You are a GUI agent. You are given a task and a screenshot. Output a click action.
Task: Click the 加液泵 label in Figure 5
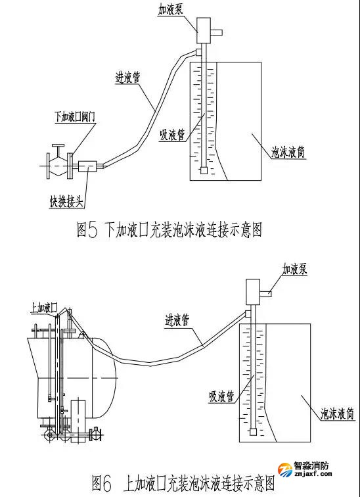click(171, 10)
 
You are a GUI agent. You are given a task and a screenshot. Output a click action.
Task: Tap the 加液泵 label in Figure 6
click(294, 270)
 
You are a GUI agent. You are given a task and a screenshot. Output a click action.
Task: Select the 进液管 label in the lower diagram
click(177, 320)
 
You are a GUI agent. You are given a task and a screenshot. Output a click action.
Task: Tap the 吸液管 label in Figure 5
click(172, 135)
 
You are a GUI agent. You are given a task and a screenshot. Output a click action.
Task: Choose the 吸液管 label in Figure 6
click(221, 396)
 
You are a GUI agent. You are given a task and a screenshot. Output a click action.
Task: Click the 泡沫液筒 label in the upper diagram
click(288, 153)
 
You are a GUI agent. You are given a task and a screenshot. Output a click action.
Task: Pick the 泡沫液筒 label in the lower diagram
click(337, 414)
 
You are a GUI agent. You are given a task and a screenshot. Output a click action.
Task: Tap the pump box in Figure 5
click(204, 30)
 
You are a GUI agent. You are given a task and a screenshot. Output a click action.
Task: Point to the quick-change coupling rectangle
click(87, 166)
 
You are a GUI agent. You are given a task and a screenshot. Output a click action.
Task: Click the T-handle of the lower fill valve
click(59, 146)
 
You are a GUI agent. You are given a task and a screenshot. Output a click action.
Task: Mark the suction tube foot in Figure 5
click(204, 170)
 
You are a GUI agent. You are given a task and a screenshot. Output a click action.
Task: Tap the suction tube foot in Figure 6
click(253, 432)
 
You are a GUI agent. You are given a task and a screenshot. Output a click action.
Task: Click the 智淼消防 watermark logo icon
click(285, 469)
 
